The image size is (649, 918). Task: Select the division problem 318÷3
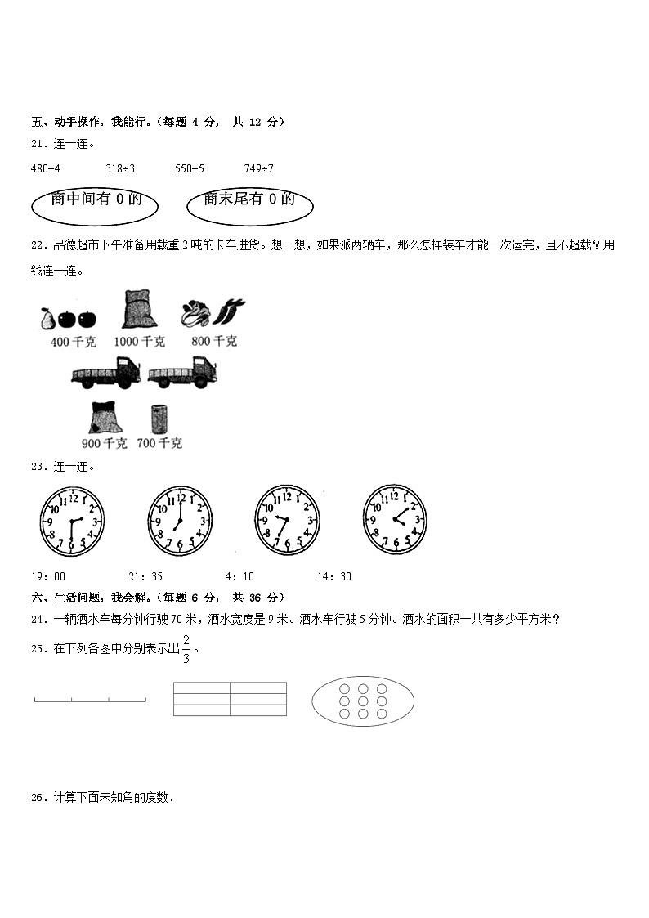(120, 168)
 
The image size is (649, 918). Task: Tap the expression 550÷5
(190, 168)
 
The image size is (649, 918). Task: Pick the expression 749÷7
(259, 168)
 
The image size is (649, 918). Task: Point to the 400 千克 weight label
(71, 343)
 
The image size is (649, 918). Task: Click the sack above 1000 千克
(139, 311)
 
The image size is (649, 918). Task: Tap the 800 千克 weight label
(214, 342)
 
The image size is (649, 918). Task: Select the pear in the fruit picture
(47, 316)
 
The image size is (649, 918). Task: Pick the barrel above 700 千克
(159, 419)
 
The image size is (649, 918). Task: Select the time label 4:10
(239, 576)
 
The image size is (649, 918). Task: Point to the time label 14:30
(334, 576)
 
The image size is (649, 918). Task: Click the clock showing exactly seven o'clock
(180, 520)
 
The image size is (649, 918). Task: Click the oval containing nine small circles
(363, 701)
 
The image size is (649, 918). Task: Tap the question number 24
(38, 620)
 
